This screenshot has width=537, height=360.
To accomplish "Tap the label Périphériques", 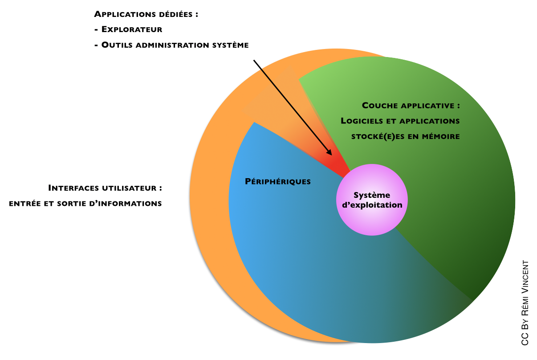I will click(x=278, y=181).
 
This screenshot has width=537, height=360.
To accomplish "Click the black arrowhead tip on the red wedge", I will click(x=331, y=154).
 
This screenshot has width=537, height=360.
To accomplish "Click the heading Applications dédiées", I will click(x=146, y=14).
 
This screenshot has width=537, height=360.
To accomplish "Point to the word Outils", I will click(x=117, y=45).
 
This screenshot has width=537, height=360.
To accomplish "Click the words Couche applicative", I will click(x=411, y=106).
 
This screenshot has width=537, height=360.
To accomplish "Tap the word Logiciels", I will click(x=362, y=121).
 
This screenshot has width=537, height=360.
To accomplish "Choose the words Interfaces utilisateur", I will click(x=105, y=188).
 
